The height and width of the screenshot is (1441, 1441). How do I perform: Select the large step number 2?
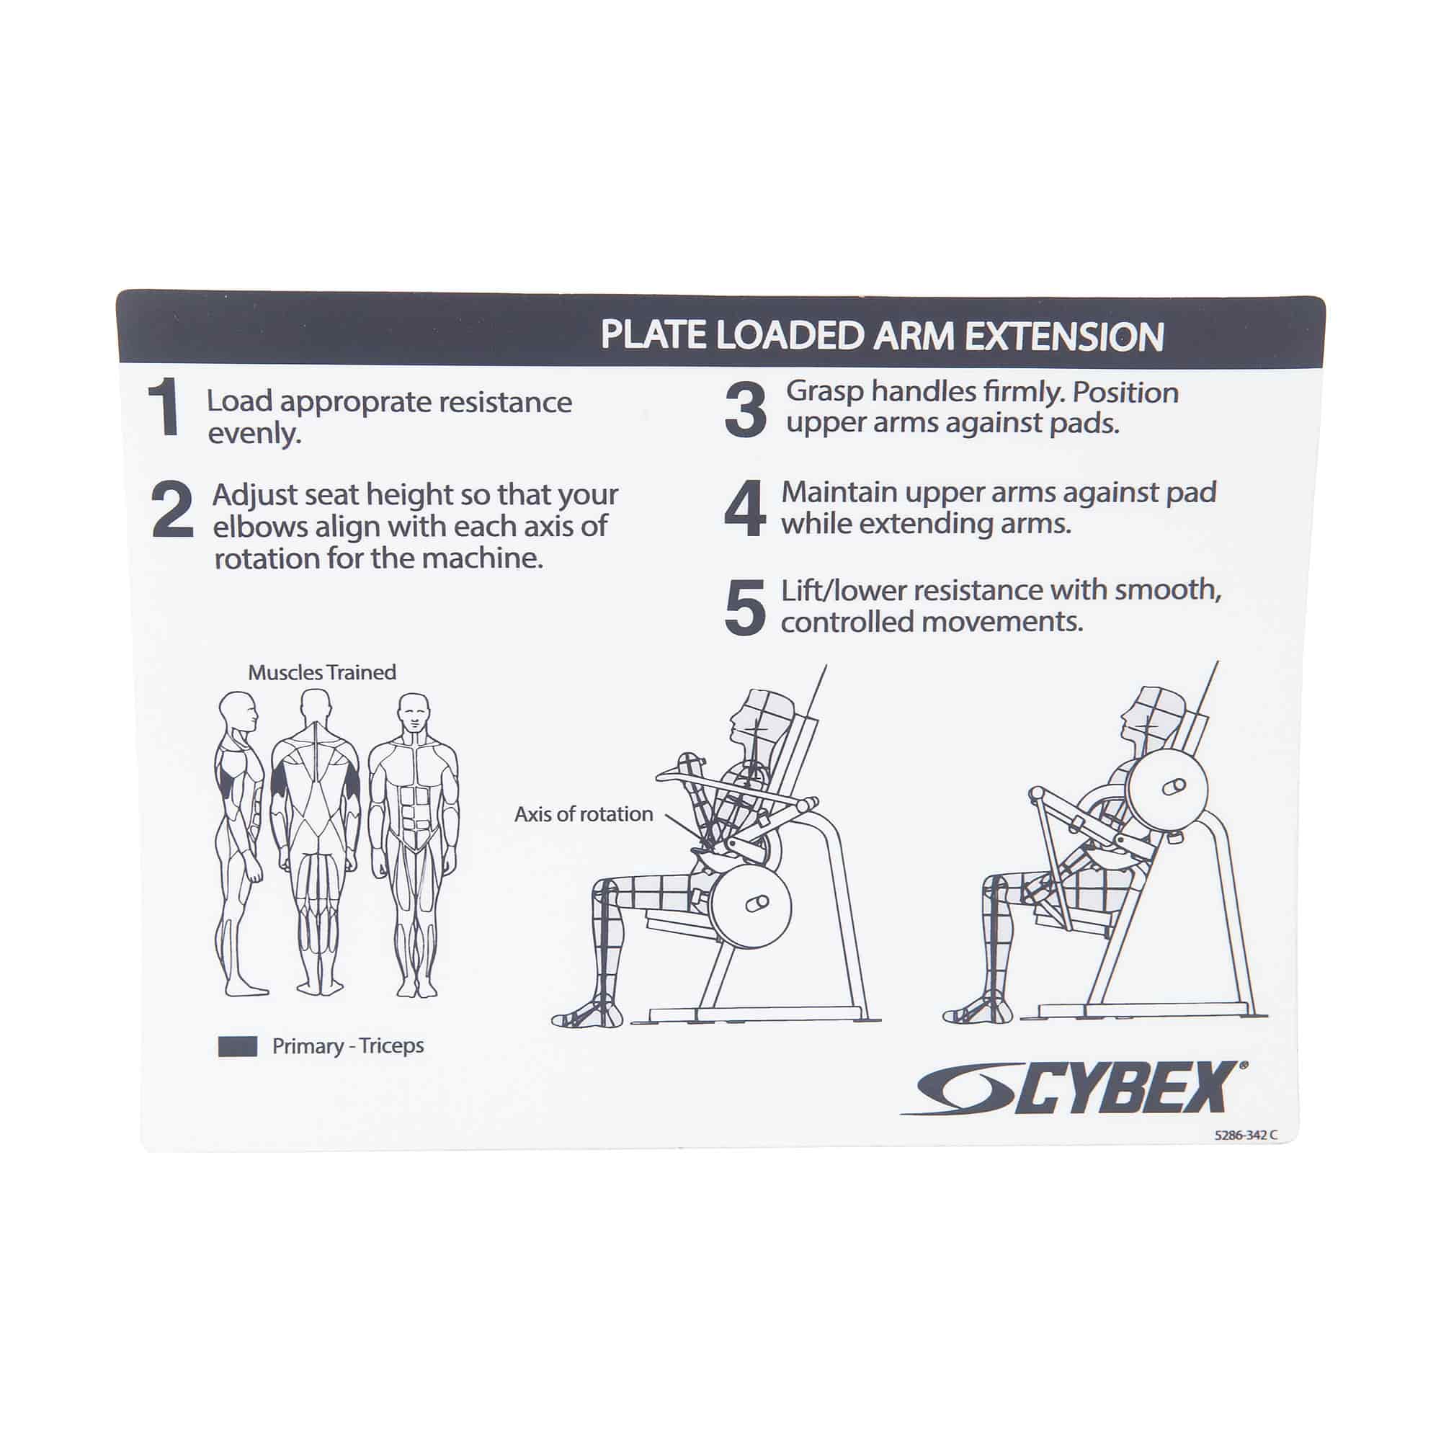pos(172,510)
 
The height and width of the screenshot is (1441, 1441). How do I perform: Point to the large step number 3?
pos(745,409)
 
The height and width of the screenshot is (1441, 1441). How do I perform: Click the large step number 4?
pos(744,509)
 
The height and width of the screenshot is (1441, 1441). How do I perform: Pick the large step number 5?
pos(744,607)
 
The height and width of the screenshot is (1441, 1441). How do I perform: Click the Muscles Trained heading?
pos(321,673)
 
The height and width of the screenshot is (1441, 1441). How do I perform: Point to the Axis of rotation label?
pos(584,814)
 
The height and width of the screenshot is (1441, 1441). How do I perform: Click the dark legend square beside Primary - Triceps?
pos(237,1046)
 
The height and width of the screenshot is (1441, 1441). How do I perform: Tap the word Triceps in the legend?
pos(391,1045)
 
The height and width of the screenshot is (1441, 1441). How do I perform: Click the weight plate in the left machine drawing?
pos(749,904)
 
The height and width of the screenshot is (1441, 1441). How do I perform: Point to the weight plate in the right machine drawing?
pos(1167,787)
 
